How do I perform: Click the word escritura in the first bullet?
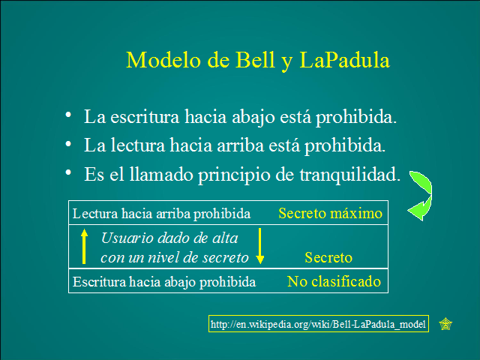tap(140, 118)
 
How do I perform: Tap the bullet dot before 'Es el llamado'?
tap(69, 172)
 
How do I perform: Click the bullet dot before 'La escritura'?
tap(69, 115)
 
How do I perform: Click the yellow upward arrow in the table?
tap(85, 246)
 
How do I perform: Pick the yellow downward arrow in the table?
tap(259, 247)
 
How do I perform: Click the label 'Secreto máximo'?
tap(330, 214)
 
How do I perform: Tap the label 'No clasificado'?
tap(334, 282)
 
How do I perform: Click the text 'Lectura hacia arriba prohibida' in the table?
tap(161, 214)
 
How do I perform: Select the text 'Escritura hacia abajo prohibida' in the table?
tap(164, 283)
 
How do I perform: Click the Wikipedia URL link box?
tap(319, 324)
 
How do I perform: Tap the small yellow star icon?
tap(445, 324)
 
